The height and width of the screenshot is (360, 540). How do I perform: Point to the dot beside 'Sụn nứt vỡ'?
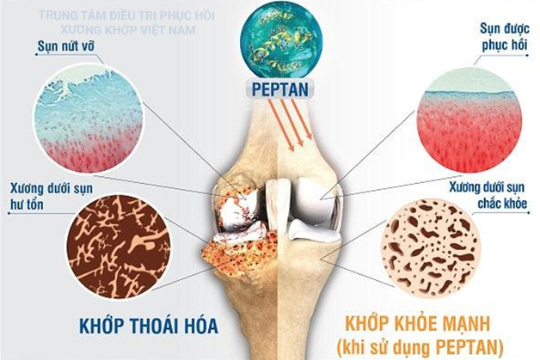(37, 55)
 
